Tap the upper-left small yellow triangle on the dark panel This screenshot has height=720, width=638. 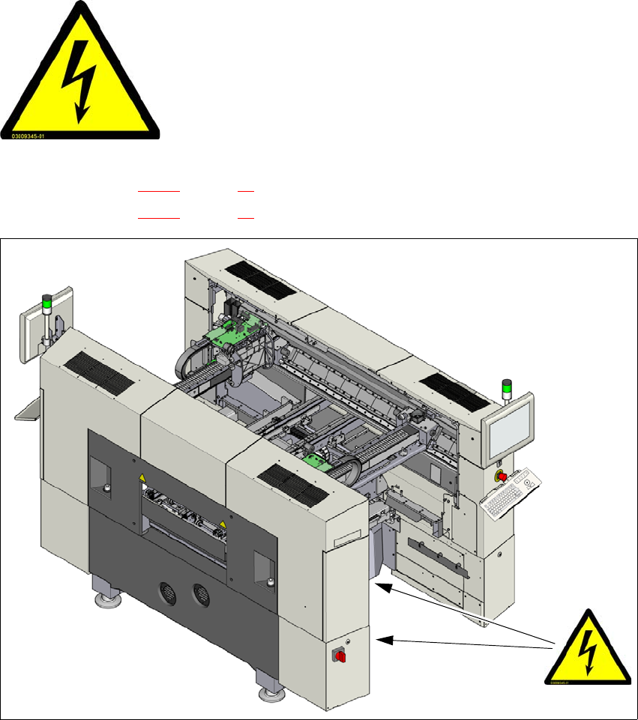point(139,477)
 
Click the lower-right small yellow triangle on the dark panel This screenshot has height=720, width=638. point(223,526)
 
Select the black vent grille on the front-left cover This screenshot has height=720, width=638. point(98,372)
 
